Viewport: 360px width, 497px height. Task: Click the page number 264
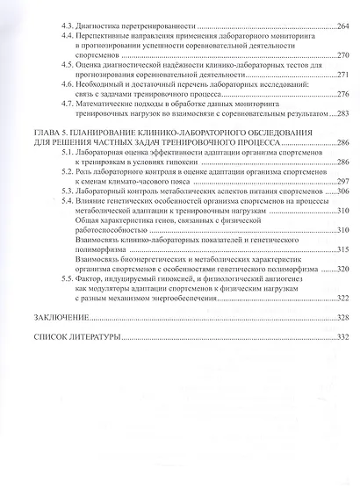[341, 27]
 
